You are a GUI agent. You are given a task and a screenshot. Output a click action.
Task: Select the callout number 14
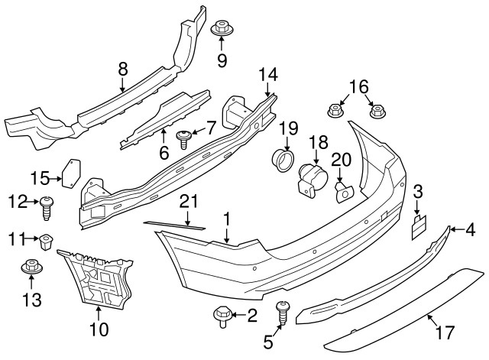(x=267, y=75)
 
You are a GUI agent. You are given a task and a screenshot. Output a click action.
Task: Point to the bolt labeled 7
(x=183, y=138)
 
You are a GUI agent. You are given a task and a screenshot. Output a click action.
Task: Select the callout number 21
(x=188, y=201)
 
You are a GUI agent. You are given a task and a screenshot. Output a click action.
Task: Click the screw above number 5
(x=282, y=311)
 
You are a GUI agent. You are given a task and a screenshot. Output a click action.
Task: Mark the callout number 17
(x=445, y=332)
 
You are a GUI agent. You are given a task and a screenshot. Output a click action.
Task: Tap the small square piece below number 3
(x=418, y=225)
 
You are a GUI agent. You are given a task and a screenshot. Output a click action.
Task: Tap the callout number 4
(x=471, y=228)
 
